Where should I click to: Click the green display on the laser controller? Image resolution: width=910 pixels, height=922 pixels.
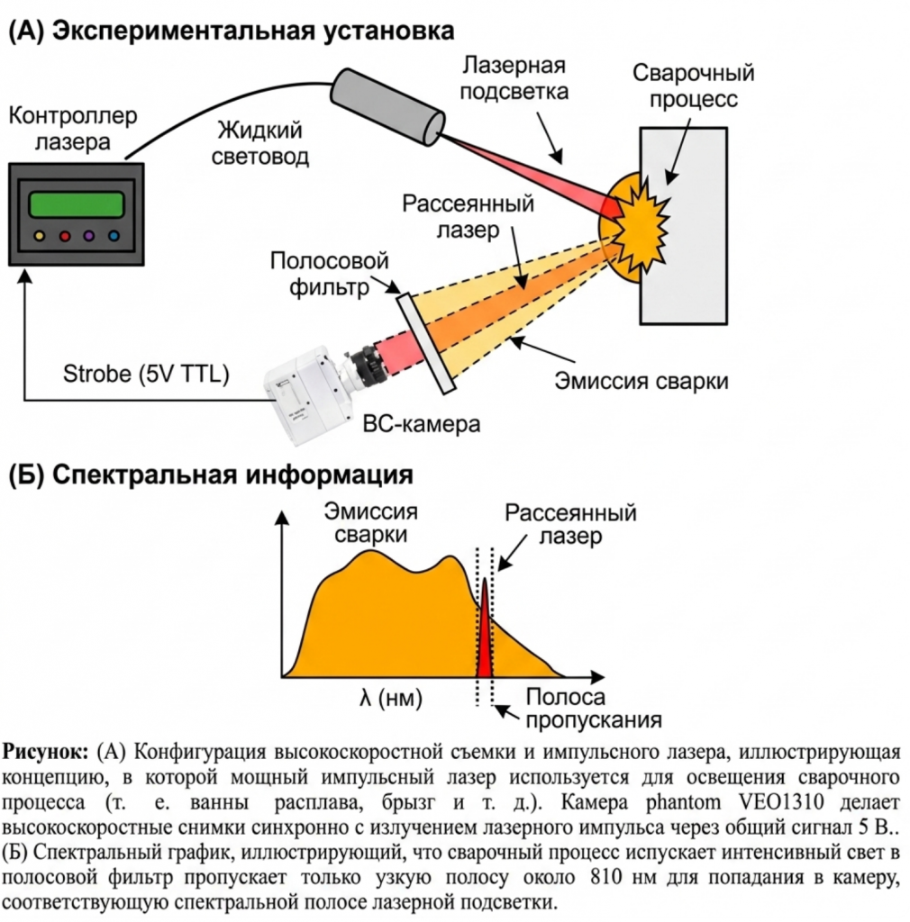tap(77, 204)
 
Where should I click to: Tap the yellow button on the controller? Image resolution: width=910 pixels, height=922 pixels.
tap(40, 237)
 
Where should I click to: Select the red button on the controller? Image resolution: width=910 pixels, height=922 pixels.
tap(65, 237)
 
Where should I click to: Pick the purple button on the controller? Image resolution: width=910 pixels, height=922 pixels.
tap(89, 237)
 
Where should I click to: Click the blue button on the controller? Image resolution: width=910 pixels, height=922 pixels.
tap(114, 237)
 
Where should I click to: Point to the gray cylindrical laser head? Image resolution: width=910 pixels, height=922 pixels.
tap(387, 106)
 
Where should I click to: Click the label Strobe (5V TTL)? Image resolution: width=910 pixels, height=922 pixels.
tap(146, 374)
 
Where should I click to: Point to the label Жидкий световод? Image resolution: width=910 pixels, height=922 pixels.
tap(260, 143)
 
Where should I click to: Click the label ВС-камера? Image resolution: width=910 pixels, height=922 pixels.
tap(421, 424)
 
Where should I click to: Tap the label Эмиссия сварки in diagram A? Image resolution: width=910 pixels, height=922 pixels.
tap(642, 381)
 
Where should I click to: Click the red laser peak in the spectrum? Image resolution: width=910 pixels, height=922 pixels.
tap(484, 632)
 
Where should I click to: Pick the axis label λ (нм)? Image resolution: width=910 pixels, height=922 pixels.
tap(391, 698)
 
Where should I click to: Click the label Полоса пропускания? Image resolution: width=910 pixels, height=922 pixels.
tap(594, 709)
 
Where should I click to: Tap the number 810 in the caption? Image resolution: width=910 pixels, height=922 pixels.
tap(605, 877)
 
